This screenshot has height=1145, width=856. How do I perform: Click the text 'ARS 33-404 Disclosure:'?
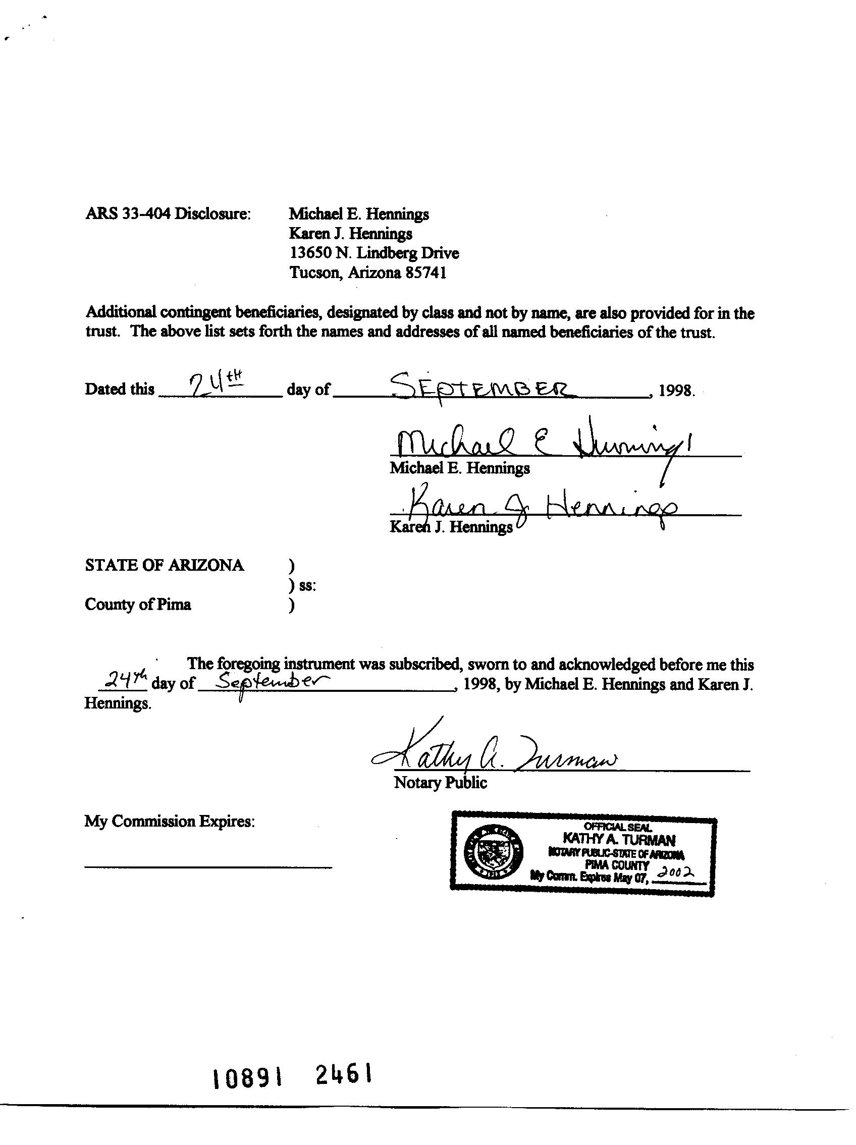point(168,213)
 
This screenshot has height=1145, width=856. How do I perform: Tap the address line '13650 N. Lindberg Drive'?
point(374,253)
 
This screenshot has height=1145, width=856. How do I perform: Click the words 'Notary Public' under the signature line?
point(440,782)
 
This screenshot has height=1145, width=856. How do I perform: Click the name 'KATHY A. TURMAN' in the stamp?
point(618,839)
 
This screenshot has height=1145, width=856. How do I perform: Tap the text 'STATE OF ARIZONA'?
point(164,565)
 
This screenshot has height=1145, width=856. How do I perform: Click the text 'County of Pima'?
point(138,604)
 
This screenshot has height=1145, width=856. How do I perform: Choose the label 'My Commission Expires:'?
point(170,821)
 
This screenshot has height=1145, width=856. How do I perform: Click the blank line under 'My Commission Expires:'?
point(207,866)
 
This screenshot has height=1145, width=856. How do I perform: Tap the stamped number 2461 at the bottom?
point(344,1075)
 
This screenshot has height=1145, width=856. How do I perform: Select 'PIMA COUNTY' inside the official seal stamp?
point(617,865)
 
